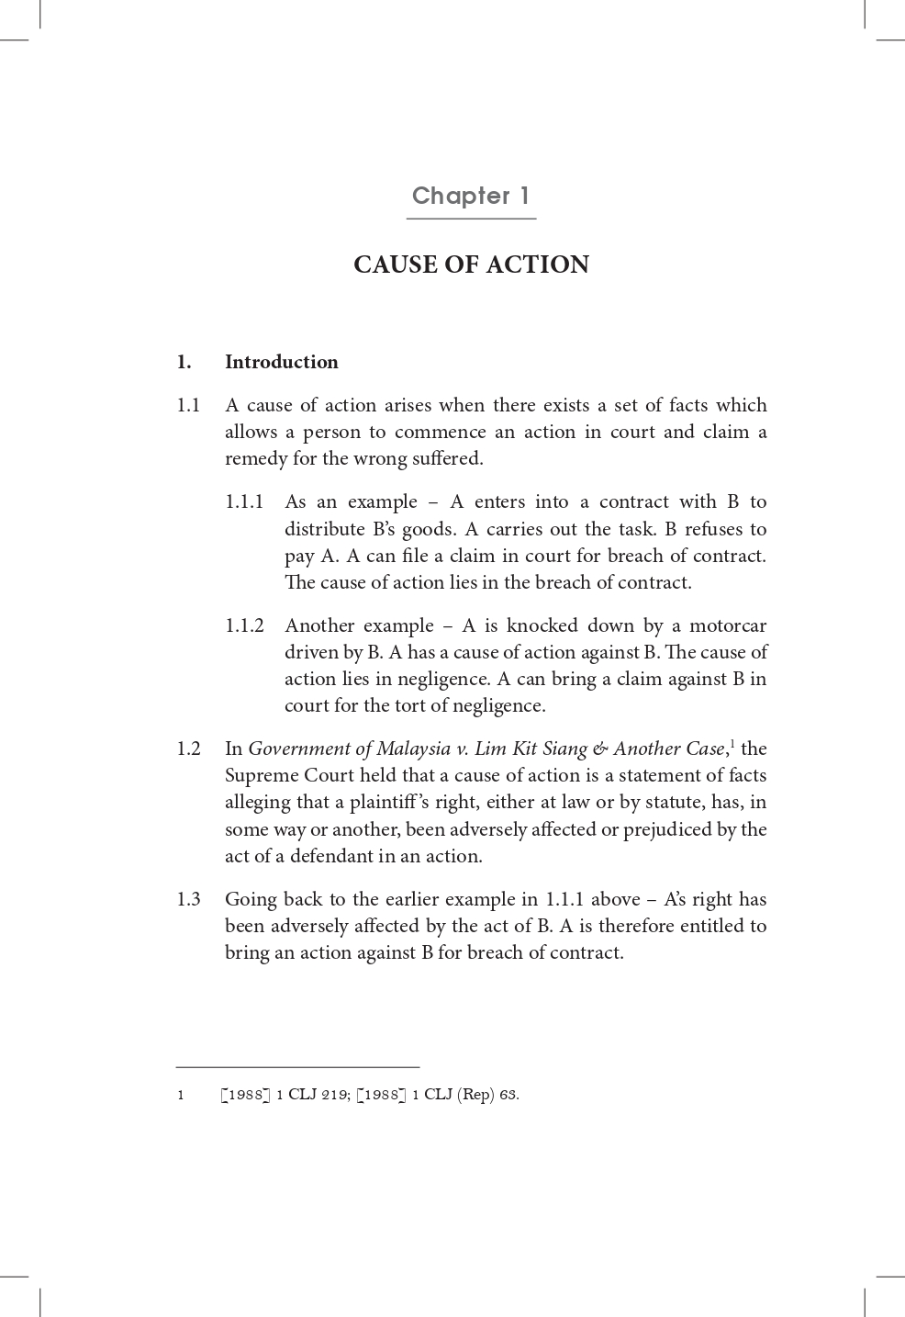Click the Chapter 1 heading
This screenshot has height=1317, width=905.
click(x=471, y=196)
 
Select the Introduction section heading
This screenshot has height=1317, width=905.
click(x=281, y=362)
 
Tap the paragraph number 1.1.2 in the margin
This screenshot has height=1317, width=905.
click(x=244, y=625)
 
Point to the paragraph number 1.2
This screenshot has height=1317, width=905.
click(x=188, y=749)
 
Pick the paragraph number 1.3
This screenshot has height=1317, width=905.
click(x=188, y=899)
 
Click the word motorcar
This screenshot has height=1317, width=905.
click(x=727, y=625)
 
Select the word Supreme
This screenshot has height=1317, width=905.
click(x=261, y=775)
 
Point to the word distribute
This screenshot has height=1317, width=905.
click(x=324, y=529)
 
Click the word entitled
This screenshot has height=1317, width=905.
click(x=706, y=926)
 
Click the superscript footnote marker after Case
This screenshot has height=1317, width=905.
click(x=732, y=743)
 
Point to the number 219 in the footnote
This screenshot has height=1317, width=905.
click(x=335, y=1095)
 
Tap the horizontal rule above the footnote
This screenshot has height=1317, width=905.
click(x=297, y=1067)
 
